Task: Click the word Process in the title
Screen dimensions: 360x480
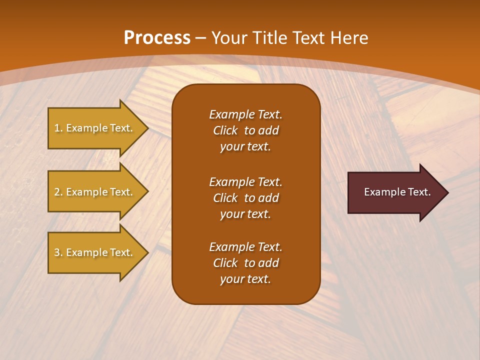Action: coord(157,38)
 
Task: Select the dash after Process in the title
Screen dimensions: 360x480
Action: coord(200,38)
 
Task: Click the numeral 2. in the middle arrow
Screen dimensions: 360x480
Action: coord(58,192)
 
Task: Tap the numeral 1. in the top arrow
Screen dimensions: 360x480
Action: coord(58,128)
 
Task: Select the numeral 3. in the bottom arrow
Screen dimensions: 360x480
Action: coord(58,252)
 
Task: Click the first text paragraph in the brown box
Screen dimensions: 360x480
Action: coord(245,130)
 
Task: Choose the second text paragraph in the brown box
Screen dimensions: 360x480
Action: coord(245,198)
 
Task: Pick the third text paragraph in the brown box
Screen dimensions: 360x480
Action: coord(245,263)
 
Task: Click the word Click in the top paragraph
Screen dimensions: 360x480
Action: coord(225,130)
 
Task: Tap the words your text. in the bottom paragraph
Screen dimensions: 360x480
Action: coord(245,279)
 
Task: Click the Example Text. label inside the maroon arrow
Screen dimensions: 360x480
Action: coord(397,192)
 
